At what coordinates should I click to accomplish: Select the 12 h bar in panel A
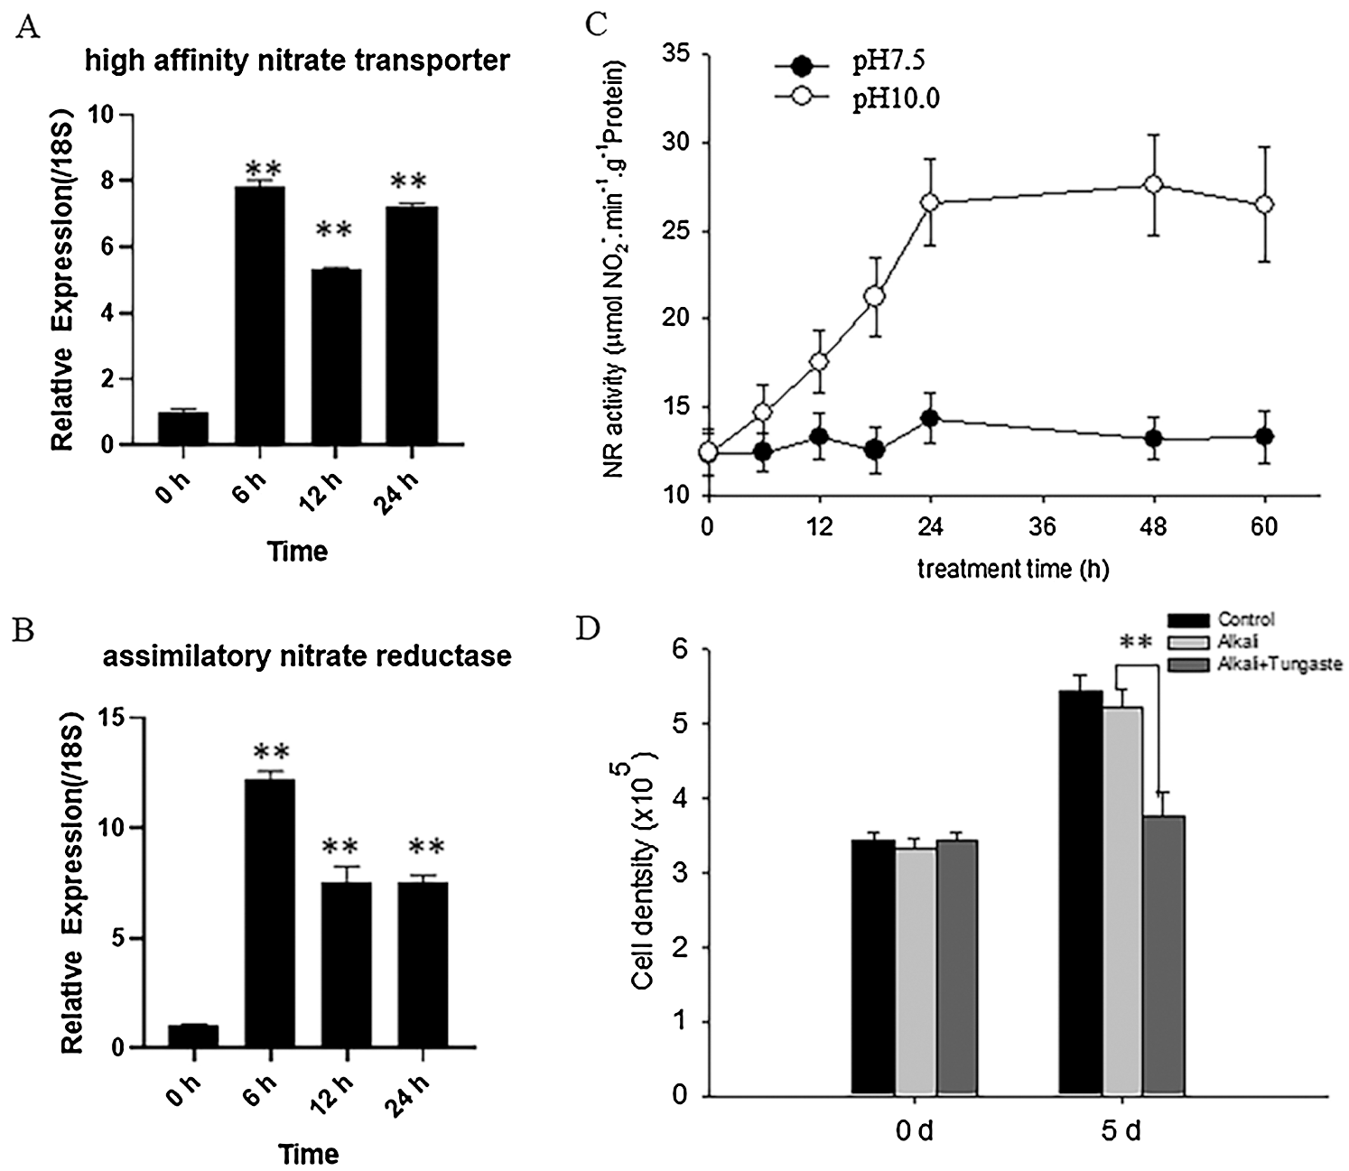336,357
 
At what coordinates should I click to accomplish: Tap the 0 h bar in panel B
192,1036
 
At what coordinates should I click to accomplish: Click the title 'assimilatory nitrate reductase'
307,655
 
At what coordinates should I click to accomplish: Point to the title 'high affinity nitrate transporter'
298,61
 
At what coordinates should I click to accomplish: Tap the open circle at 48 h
1153,184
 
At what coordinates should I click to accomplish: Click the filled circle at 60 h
1265,437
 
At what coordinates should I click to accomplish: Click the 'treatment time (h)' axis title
1013,570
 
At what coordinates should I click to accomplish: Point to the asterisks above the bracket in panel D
1137,643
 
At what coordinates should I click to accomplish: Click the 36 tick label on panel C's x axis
1043,526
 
